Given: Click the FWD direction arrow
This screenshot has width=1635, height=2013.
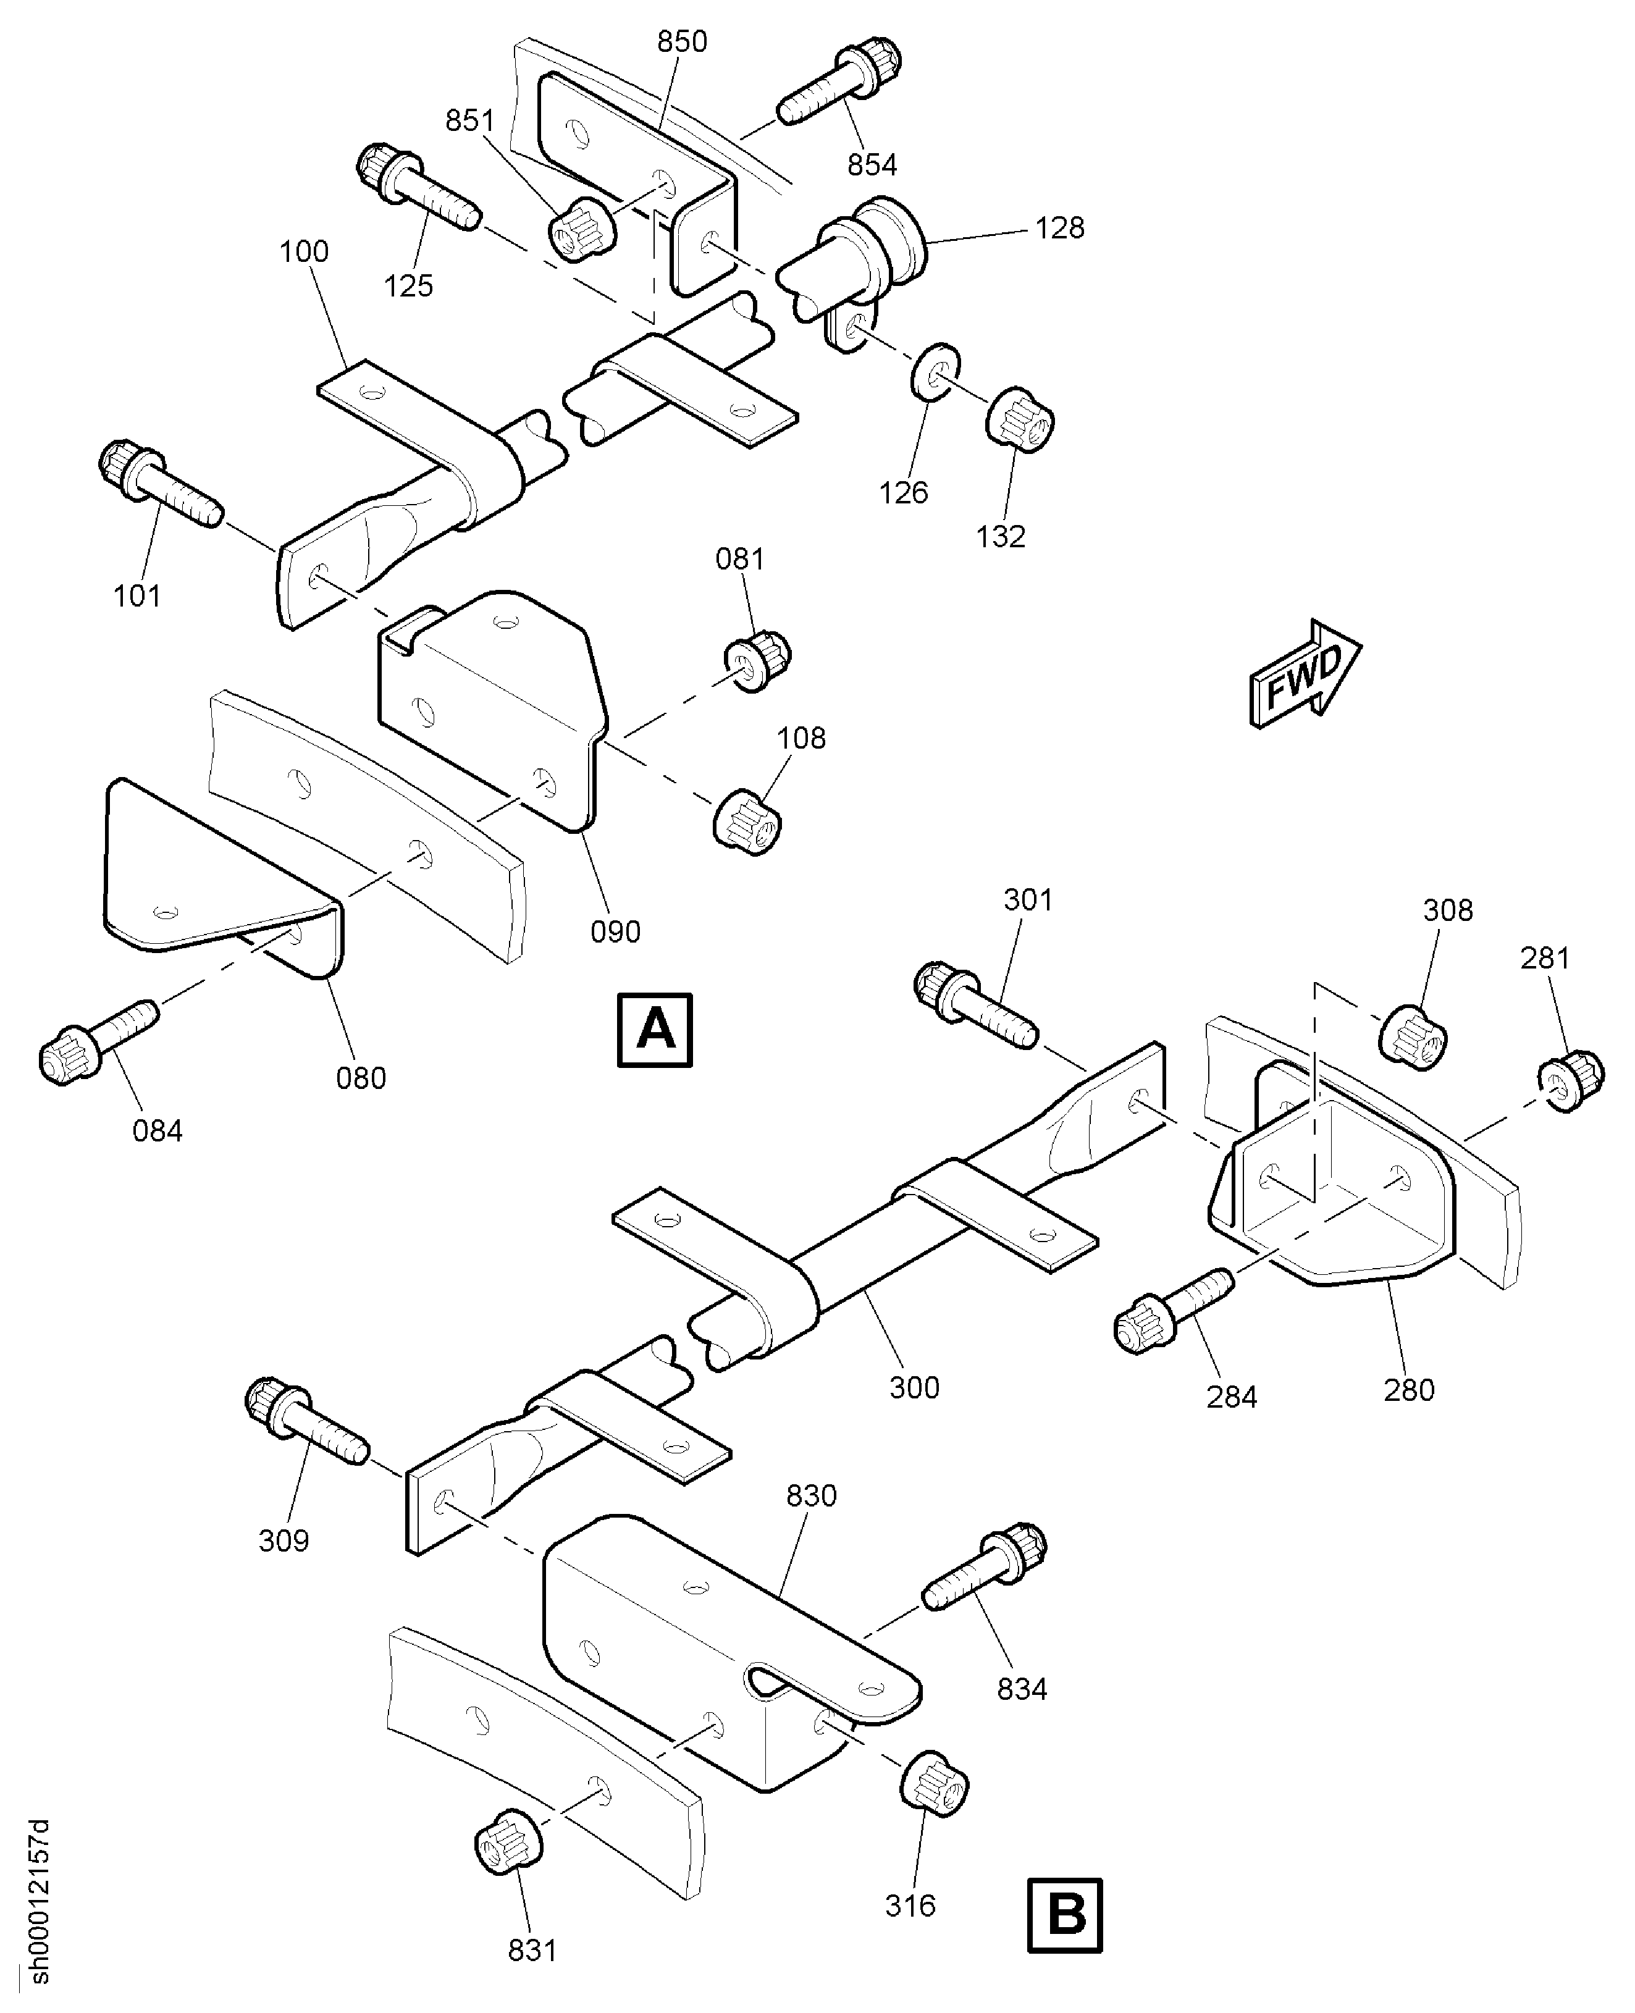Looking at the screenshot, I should [1305, 673].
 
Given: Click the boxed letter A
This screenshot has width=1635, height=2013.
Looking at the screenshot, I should [655, 1030].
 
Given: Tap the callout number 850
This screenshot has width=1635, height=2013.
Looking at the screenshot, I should [682, 41].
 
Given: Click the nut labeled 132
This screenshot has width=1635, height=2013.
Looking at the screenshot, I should [1019, 418].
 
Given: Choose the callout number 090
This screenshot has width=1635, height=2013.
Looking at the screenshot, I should [615, 931].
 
